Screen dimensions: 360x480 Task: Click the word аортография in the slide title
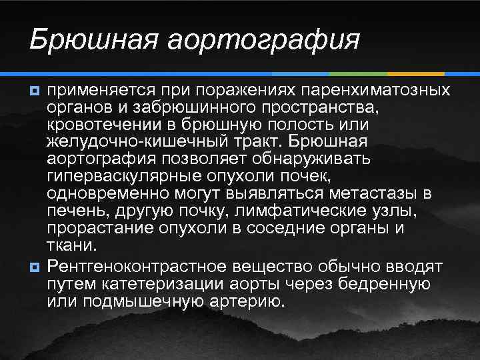[263, 39]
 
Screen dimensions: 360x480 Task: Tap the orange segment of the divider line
[416, 73]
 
